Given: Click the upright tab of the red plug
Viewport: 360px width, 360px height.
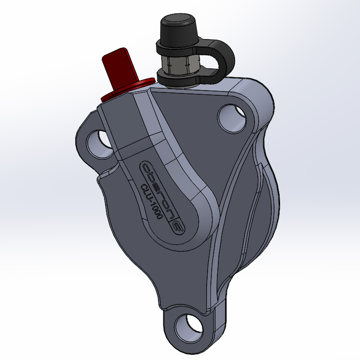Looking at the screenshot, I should click(122, 65).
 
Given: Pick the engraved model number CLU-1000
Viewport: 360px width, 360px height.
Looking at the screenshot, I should click(150, 203).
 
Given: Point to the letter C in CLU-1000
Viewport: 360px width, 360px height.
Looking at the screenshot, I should click(141, 188).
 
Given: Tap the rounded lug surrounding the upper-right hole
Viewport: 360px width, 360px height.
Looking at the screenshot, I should click(253, 107).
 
